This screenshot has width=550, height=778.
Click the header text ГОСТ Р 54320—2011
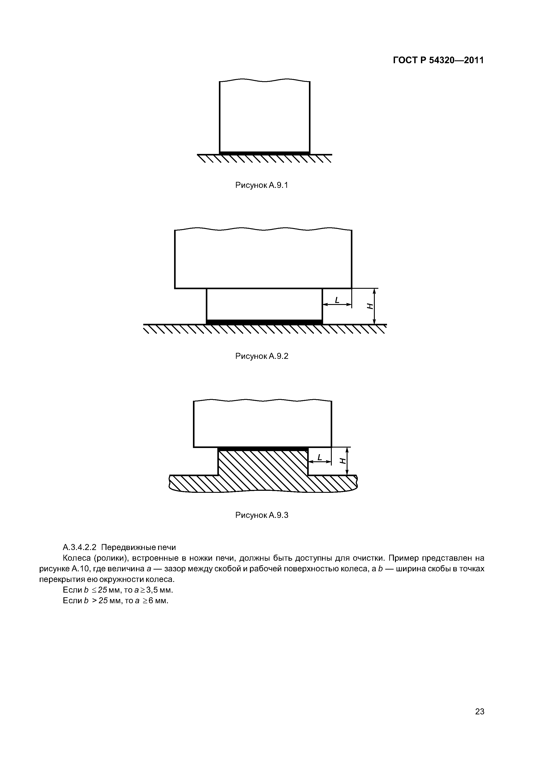[x=438, y=60]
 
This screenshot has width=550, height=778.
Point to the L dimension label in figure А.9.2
[x=337, y=300]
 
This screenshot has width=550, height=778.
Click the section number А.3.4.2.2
[x=80, y=547]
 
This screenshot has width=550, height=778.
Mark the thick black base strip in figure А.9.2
[x=264, y=322]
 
